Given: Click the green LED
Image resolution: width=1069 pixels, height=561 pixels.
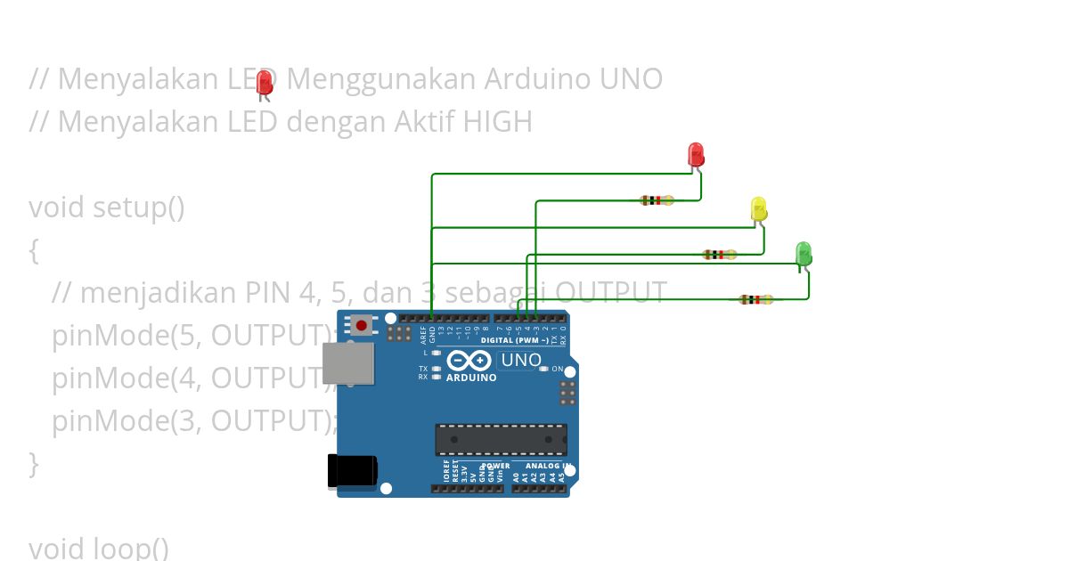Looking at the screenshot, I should [x=803, y=253].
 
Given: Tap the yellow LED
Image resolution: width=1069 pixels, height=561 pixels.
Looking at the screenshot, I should [x=759, y=209].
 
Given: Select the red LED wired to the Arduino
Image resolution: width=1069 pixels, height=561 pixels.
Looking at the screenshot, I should [x=697, y=154].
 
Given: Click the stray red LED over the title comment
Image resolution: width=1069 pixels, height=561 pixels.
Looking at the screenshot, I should [x=264, y=84].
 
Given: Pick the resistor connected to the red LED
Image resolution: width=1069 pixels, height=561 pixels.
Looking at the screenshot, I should [x=657, y=200].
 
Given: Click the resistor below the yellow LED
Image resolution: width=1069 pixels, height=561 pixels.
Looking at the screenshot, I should [x=720, y=255].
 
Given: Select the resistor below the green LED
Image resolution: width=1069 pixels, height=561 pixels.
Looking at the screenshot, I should [x=756, y=299].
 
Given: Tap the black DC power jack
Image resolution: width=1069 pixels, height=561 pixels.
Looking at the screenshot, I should [x=352, y=471].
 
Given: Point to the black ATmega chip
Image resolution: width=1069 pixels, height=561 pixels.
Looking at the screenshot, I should [x=501, y=439].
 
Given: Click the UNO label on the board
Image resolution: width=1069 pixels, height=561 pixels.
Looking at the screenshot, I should [x=521, y=361].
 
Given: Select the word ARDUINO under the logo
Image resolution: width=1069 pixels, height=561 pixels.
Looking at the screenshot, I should [x=471, y=378].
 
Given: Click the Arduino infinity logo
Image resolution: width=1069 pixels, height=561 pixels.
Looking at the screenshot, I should [x=469, y=361].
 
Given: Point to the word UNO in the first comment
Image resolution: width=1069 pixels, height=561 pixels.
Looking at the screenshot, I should [x=631, y=78].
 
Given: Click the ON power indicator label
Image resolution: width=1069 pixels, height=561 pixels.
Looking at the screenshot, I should [x=558, y=369].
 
